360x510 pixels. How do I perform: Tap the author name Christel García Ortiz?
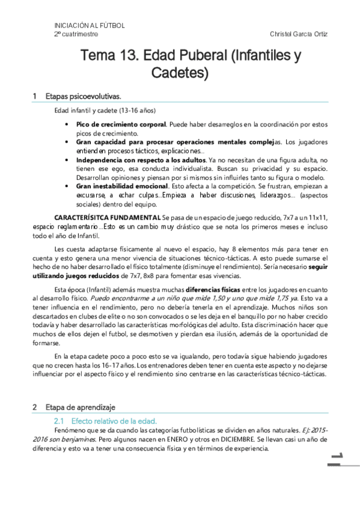pos(297,35)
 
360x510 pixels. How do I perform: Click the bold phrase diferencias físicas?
pos(211,288)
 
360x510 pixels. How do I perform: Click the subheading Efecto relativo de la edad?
pos(114,420)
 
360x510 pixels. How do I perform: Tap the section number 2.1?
pos(59,420)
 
